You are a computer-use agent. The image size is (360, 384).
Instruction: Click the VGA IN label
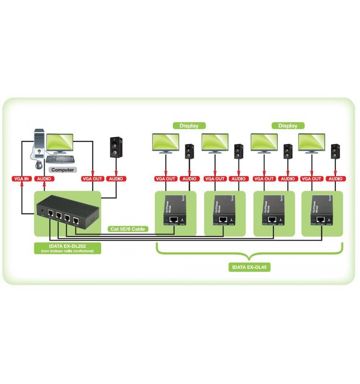[x=21, y=179]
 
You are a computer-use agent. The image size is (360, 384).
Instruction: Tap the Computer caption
[x=63, y=170]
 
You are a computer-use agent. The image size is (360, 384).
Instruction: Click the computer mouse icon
[x=38, y=164]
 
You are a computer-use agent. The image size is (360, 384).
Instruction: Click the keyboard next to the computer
[x=60, y=159]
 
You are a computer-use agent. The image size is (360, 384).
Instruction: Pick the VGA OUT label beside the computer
[x=92, y=179]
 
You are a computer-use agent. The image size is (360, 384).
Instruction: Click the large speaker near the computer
[x=116, y=147]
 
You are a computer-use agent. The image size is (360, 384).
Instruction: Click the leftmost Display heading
[x=189, y=125]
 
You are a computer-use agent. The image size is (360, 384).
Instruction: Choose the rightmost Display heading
[x=288, y=125]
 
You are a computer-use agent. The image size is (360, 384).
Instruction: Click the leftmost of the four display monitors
[x=166, y=143]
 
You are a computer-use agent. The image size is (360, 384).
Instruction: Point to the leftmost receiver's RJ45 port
[x=174, y=220]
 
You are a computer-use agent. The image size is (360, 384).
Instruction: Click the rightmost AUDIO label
[x=335, y=179]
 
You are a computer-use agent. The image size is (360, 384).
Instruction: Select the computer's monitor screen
[x=60, y=142]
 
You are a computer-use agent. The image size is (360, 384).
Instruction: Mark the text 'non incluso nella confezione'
[x=67, y=251]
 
